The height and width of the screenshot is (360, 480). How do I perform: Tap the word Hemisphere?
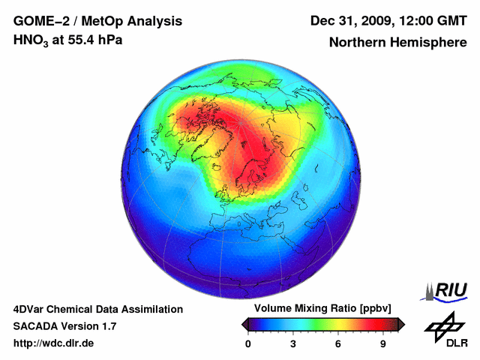coord(430,43)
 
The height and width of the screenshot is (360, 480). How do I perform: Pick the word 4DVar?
coord(31,309)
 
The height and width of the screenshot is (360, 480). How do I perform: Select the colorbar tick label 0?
coord(248,343)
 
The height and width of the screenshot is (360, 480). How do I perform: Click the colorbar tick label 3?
coord(293,343)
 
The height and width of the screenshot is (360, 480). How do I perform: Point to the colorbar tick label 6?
coord(338,343)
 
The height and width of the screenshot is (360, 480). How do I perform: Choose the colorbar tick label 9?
coord(383,343)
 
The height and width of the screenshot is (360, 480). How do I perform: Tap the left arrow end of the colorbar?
coord(244,324)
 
